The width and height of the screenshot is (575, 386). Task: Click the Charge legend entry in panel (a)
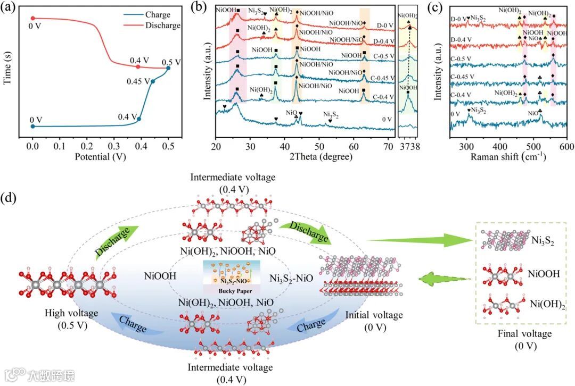[x=158, y=15]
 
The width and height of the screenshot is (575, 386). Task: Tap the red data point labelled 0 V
[x=33, y=19]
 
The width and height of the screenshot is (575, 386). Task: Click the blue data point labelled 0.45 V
[x=153, y=81]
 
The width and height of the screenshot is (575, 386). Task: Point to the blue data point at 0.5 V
[x=168, y=68]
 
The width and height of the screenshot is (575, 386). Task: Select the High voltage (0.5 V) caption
[x=72, y=318]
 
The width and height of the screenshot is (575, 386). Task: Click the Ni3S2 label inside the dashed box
[x=543, y=240]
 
